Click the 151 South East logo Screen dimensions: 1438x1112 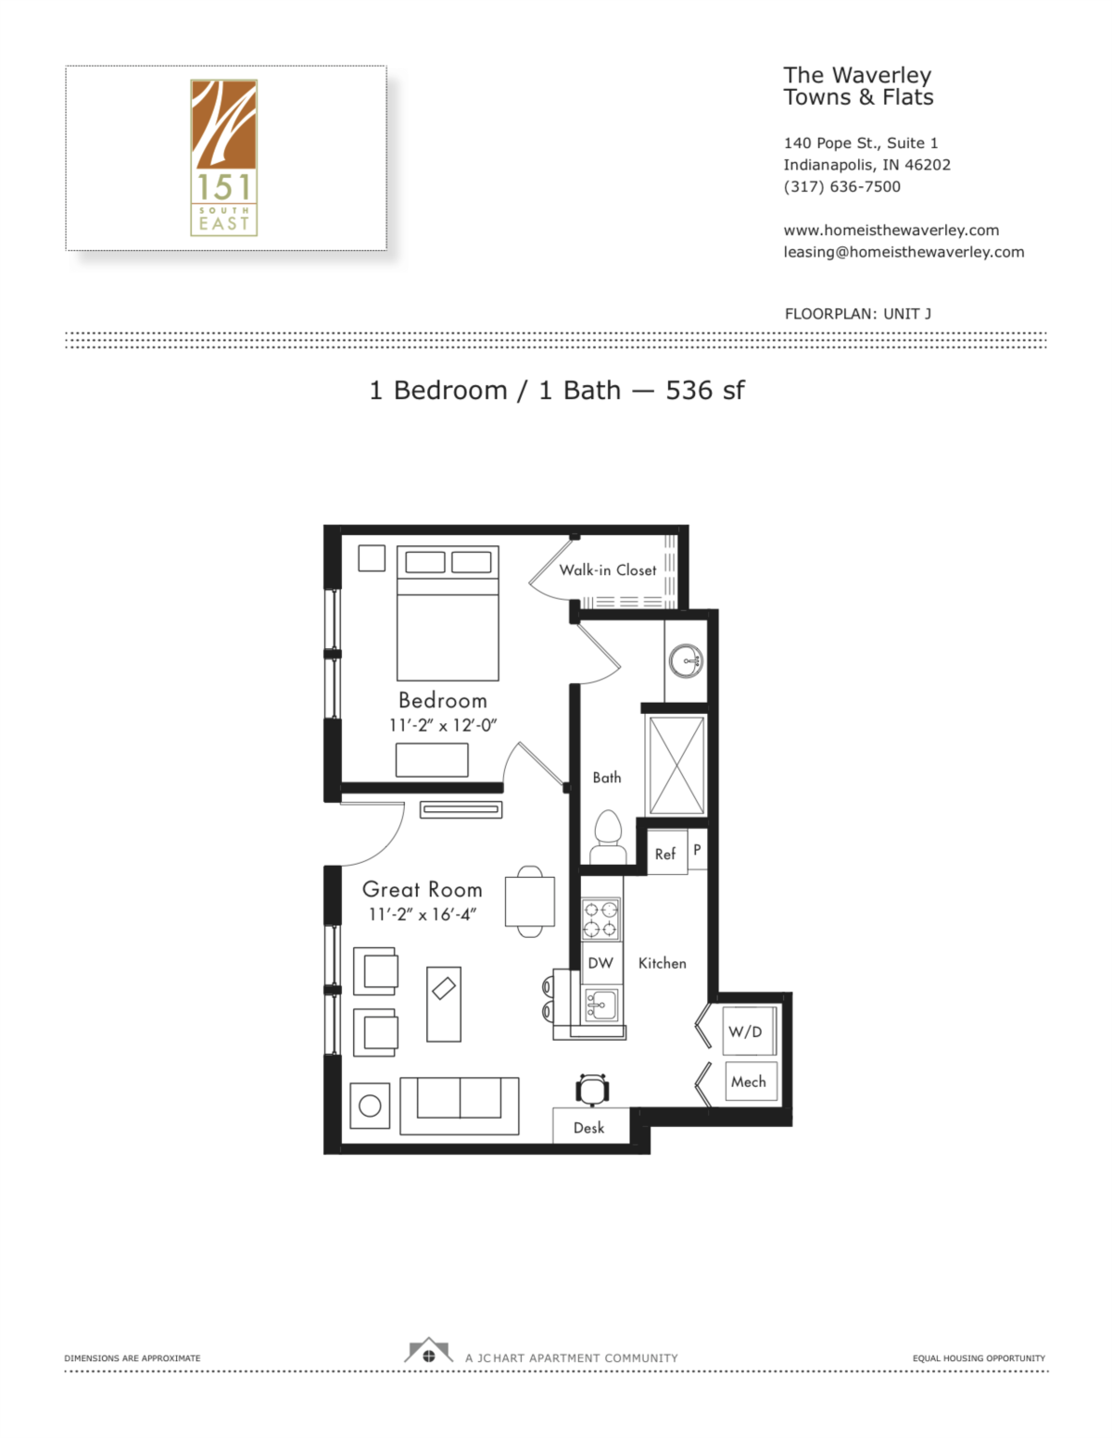[x=223, y=157]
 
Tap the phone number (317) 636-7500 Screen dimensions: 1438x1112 [x=841, y=186]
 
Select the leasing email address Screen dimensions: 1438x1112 [x=903, y=252]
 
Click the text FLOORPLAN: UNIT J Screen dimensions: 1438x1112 [x=857, y=314]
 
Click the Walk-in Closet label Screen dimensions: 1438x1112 [x=607, y=570]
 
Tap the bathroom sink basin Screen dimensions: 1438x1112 [x=686, y=661]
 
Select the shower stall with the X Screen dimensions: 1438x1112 [x=676, y=765]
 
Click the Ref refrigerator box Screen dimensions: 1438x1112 [x=665, y=854]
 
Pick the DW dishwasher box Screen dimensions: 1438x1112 [x=600, y=963]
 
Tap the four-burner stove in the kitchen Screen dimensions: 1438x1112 [x=600, y=919]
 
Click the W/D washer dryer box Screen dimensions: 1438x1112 [x=746, y=1032]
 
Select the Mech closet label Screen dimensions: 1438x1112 [x=749, y=1082]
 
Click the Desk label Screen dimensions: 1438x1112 [x=589, y=1128]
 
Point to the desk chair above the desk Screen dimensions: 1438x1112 [x=592, y=1090]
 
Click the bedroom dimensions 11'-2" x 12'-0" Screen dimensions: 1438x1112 [x=443, y=725]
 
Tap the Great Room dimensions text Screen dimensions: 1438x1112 [x=423, y=914]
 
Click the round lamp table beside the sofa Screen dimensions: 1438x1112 [x=370, y=1105]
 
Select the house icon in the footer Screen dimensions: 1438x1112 [x=428, y=1352]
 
